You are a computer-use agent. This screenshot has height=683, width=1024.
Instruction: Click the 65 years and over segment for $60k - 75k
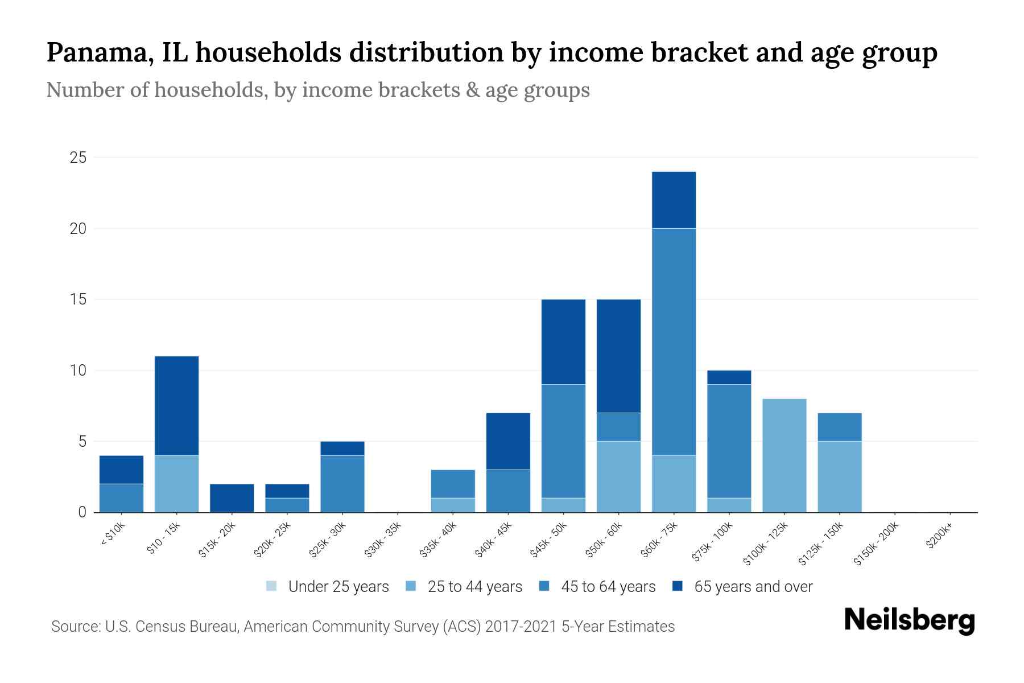[x=674, y=200]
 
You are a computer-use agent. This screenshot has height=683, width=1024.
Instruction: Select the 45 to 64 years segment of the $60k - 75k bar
[x=674, y=341]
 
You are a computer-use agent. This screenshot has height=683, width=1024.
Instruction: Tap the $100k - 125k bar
[x=784, y=455]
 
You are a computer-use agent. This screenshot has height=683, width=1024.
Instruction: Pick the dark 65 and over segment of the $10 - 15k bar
[x=176, y=405]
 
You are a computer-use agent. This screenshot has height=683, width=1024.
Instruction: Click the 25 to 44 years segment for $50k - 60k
[x=618, y=476]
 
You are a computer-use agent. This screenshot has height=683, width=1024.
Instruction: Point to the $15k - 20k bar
[x=232, y=498]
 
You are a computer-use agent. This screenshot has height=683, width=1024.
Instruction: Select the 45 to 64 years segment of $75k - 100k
[x=729, y=441]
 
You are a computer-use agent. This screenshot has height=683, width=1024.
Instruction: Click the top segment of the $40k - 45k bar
[x=508, y=441]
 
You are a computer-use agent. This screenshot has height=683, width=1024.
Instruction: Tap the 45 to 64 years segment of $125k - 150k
[x=840, y=427]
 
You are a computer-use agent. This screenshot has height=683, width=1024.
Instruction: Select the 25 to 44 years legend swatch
[x=411, y=586]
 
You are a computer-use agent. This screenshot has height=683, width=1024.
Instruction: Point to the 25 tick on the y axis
[x=78, y=158]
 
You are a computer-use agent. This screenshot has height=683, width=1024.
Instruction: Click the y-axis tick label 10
[x=78, y=371]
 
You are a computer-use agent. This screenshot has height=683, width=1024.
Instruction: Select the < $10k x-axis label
[x=113, y=534]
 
